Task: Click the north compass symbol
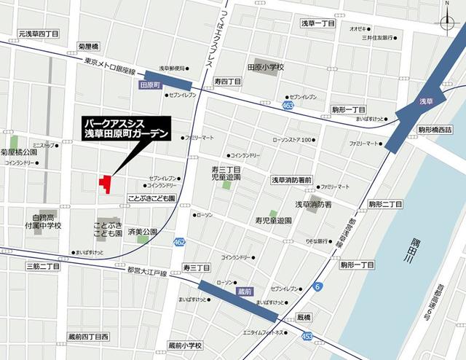click(x=447, y=21)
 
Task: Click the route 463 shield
click(x=288, y=106)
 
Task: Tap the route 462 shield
click(x=180, y=241)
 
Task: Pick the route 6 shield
click(x=317, y=287)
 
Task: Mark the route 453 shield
click(x=308, y=336)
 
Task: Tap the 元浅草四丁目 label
click(x=39, y=34)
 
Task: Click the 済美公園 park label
click(x=142, y=231)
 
